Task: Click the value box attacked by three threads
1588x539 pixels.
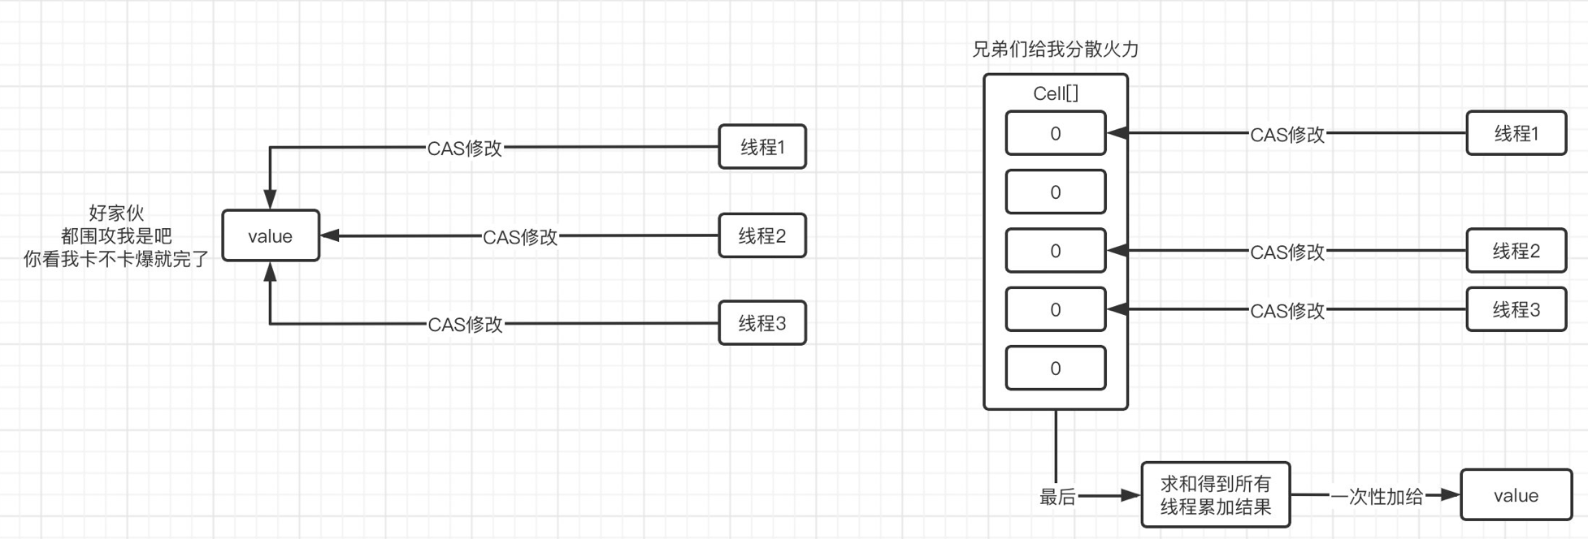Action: point(271,236)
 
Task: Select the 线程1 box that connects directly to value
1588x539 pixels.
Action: point(762,147)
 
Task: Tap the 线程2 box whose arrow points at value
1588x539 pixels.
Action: point(762,236)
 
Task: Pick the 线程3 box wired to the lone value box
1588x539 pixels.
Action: point(762,323)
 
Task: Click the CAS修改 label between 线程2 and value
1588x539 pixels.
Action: point(520,237)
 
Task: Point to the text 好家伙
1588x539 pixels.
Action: point(116,213)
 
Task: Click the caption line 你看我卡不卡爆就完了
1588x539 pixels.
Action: point(116,260)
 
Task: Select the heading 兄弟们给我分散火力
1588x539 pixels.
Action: point(1055,50)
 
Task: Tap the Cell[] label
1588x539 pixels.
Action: point(1055,93)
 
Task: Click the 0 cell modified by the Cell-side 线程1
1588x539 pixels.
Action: point(1055,133)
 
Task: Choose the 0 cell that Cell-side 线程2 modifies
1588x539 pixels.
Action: point(1055,251)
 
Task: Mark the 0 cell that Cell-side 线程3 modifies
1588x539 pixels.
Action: point(1055,309)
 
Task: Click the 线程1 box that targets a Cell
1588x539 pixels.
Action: point(1516,133)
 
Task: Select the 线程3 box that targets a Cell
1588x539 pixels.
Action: point(1516,309)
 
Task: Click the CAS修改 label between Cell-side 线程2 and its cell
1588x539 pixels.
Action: point(1287,252)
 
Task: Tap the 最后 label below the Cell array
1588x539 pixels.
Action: point(1057,497)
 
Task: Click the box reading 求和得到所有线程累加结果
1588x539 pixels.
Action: point(1215,495)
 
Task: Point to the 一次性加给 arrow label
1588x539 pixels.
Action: point(1378,497)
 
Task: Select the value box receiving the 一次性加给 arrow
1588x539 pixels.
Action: point(1516,495)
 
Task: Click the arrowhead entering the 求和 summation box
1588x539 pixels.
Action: point(1131,495)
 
